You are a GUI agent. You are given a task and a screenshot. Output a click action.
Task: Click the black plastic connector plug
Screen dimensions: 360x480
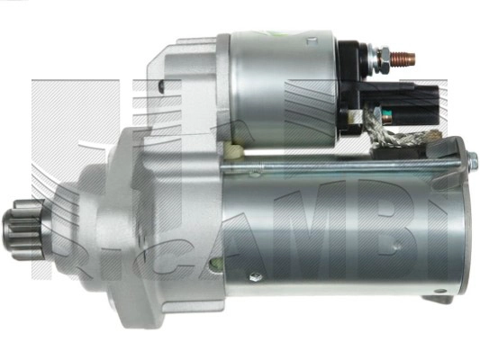(422, 98)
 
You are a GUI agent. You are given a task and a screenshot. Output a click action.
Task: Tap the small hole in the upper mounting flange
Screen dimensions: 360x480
(160, 87)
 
